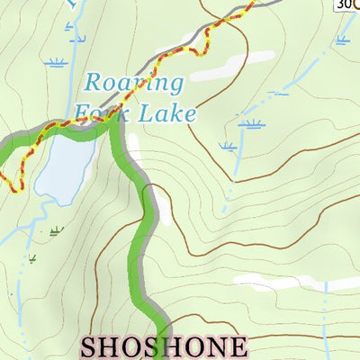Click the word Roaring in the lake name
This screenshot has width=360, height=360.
(x=134, y=85)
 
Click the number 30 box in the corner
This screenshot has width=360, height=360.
(x=346, y=4)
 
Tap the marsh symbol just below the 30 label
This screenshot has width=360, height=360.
(x=343, y=40)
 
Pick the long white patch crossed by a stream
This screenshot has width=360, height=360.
(x=297, y=283)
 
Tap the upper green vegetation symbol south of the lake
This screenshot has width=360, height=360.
(x=58, y=231)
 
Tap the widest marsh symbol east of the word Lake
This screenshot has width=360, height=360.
(x=255, y=123)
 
